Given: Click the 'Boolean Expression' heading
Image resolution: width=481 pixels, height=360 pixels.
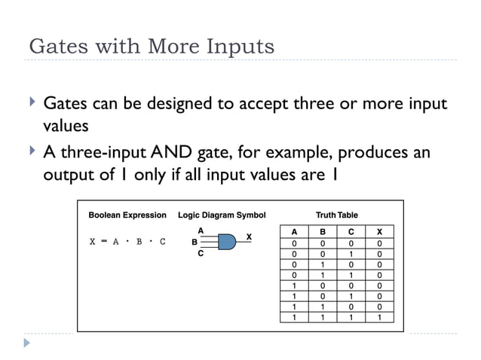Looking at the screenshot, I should pos(127,215).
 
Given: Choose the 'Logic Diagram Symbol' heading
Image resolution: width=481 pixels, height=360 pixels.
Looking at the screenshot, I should pos(222,215).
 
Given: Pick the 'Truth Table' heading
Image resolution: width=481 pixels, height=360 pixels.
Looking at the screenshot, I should pos(336,215).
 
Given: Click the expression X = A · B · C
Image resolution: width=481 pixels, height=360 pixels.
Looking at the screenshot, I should pos(127,243).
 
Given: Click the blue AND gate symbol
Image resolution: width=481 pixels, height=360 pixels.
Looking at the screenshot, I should pos(225,242).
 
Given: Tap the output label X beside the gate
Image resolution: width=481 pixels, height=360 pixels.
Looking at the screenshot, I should pos(249,236).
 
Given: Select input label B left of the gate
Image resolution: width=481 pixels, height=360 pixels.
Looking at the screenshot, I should pos(194,243).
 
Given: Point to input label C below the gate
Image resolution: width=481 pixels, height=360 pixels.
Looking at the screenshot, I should pos(201,255).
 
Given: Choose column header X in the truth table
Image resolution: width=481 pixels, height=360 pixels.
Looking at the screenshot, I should pos(379,232).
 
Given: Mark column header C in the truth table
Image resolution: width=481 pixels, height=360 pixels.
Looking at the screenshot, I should pos(351,232).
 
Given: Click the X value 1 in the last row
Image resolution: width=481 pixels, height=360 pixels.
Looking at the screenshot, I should pos(379,317).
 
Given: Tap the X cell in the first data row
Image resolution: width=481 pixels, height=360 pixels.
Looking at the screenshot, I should pos(379,243).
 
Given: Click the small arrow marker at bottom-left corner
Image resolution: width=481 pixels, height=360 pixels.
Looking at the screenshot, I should pos(27,343).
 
